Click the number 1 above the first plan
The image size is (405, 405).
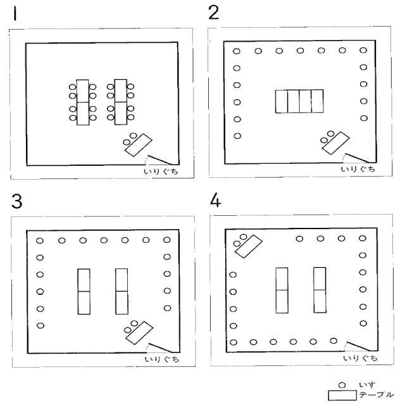[15, 14]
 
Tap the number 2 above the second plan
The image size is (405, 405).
[214, 13]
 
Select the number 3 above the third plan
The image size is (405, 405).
[17, 201]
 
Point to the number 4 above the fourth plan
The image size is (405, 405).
[215, 200]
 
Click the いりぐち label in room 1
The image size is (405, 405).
[161, 171]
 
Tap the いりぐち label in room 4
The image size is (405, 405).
[360, 358]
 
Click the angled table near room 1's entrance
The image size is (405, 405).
[139, 145]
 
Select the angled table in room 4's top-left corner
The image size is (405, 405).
[249, 246]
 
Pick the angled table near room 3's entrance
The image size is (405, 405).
[139, 333]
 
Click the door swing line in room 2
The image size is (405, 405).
[358, 158]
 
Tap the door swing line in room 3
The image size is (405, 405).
[160, 347]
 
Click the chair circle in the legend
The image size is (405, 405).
[342, 385]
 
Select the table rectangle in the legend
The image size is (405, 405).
[342, 396]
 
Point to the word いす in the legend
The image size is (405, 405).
[367, 385]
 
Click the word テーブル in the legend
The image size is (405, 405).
[377, 395]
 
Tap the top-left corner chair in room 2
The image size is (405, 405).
[237, 51]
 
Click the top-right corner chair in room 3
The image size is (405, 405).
[167, 240]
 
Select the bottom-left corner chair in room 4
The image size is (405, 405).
[234, 342]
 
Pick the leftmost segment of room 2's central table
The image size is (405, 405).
[282, 101]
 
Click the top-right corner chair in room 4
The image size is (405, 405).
[363, 238]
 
